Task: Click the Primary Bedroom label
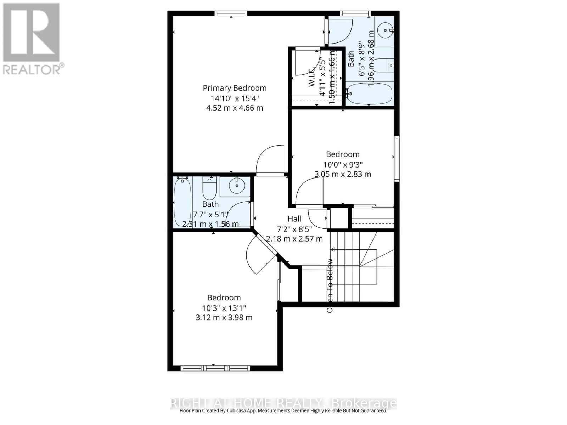click(x=235, y=88)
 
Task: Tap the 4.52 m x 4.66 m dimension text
click(x=235, y=108)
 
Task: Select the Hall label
click(x=294, y=219)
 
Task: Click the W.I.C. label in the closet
click(x=312, y=77)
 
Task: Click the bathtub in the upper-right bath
click(x=370, y=93)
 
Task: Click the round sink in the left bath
click(x=235, y=185)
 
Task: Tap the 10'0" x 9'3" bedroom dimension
click(x=343, y=164)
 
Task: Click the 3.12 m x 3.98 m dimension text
click(x=224, y=318)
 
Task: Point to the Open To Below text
click(x=330, y=285)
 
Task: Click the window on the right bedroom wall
click(x=397, y=159)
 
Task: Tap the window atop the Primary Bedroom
click(x=231, y=13)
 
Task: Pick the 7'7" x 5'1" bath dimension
click(x=210, y=214)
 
